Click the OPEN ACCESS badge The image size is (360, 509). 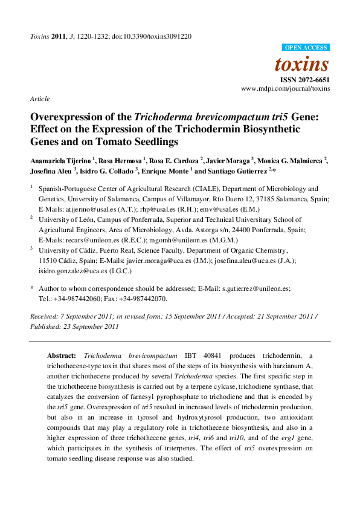tap(306, 48)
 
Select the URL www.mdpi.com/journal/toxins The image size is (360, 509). tap(286, 88)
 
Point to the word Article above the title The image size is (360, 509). tap(39, 99)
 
